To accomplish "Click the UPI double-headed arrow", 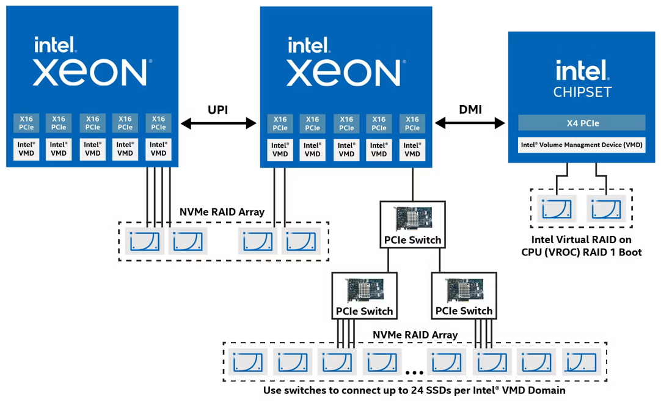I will point(218,124).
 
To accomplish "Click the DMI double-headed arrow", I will point(470,124).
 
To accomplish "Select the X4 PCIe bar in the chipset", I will point(582,123).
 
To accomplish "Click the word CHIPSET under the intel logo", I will point(582,93).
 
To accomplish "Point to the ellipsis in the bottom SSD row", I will point(414,371).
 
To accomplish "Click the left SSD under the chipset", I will point(557,208).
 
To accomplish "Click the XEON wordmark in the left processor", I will point(90,73).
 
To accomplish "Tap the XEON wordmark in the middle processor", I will point(344,73).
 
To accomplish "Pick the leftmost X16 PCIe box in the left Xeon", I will point(26,123).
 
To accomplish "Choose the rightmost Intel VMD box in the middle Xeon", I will point(412,150).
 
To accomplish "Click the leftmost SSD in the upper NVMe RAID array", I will point(144,241).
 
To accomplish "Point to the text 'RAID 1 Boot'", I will point(613,252).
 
